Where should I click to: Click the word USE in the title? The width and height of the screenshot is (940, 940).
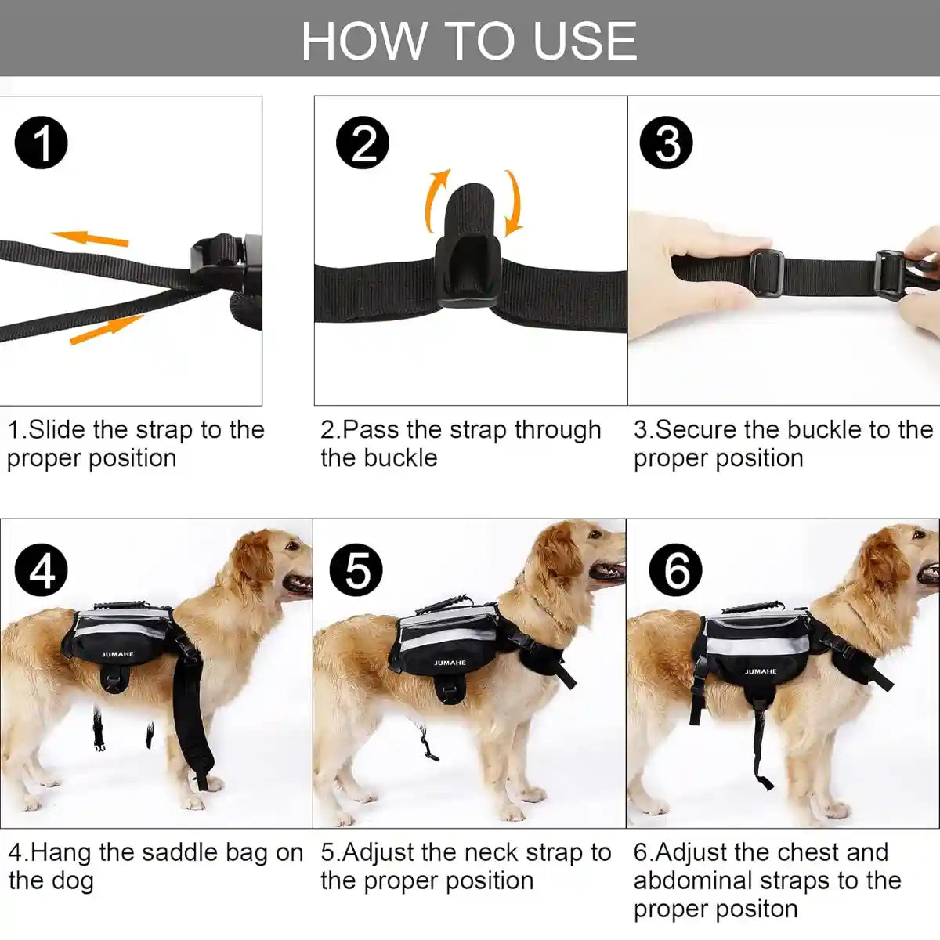pos(584,41)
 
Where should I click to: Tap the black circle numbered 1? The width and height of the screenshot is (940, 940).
pos(42,143)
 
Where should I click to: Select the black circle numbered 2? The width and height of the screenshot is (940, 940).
pos(362,143)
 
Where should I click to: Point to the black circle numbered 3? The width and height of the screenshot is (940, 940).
pos(666,143)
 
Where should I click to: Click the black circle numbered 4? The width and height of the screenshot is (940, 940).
pos(42,570)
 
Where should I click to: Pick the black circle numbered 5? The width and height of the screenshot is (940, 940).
pos(356,570)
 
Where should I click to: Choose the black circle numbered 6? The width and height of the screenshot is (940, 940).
pos(677,570)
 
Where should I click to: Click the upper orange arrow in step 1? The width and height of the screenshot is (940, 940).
pos(89,237)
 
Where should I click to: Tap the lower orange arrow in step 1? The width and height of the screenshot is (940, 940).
pos(106,330)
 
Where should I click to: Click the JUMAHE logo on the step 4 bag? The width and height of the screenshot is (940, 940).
pos(117,654)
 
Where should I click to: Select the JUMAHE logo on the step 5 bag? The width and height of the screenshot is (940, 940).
pos(450,663)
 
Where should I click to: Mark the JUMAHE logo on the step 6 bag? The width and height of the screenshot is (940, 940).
pos(760,671)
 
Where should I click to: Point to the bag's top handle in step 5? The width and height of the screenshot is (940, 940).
pos(443,606)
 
